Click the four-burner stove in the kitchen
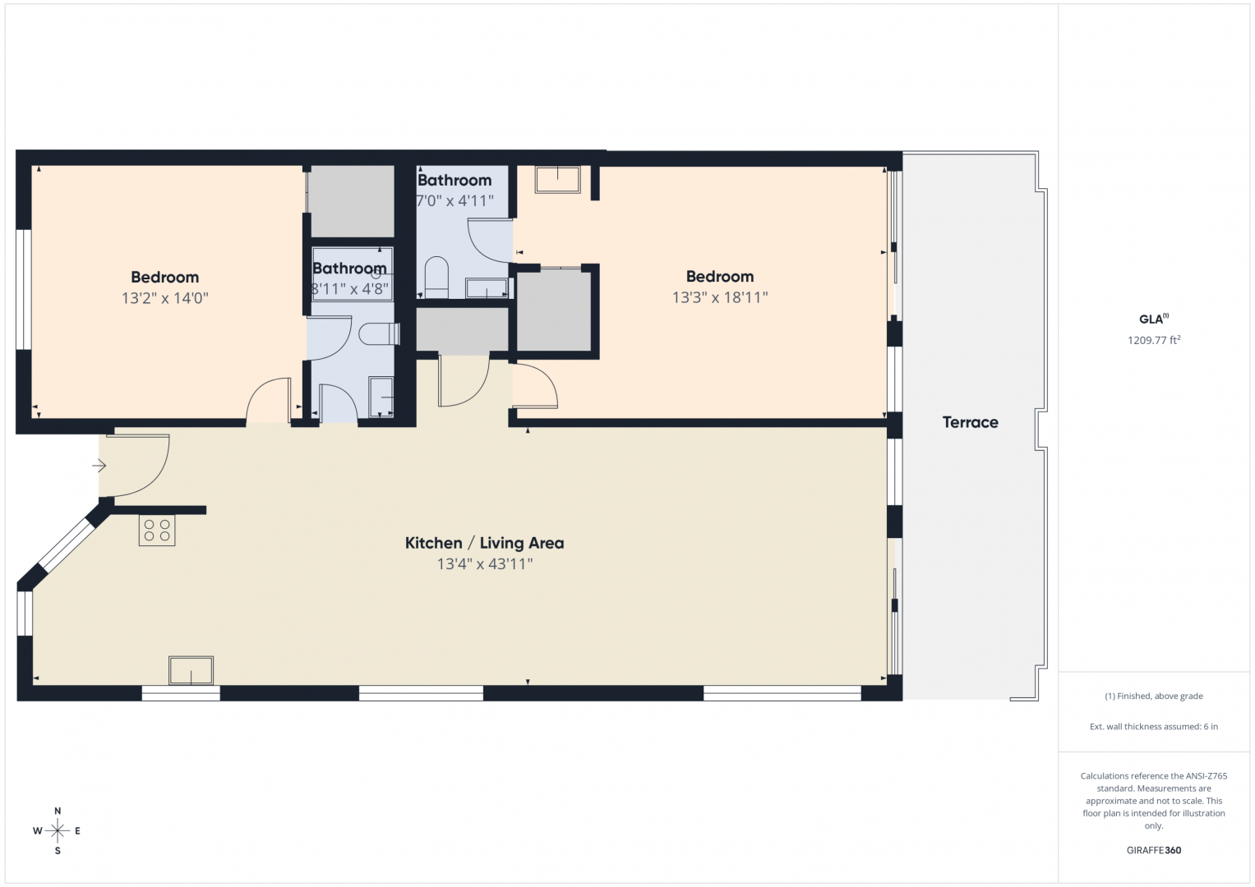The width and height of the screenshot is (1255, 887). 157,531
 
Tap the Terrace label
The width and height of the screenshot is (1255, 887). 970,422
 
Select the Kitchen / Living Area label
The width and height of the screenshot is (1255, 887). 485,543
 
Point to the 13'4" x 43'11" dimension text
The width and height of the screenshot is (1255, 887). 485,564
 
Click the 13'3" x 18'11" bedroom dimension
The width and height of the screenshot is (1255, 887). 720,297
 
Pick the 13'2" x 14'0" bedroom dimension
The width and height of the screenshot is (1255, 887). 164,298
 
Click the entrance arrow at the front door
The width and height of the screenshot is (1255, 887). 99,466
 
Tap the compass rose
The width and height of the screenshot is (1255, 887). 58,831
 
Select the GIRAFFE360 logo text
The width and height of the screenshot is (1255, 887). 1154,850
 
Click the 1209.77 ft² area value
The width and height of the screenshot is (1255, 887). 1154,340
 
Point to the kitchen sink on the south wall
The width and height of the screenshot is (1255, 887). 191,670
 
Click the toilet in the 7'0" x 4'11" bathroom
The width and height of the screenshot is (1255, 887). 436,278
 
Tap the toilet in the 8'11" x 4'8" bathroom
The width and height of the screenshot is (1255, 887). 379,334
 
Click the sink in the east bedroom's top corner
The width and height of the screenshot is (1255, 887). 557,179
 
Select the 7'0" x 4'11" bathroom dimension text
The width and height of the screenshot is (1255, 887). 455,200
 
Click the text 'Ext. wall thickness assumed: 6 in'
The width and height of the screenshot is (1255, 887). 1154,726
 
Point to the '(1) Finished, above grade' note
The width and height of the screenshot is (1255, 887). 1154,696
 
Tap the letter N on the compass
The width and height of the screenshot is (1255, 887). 58,811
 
